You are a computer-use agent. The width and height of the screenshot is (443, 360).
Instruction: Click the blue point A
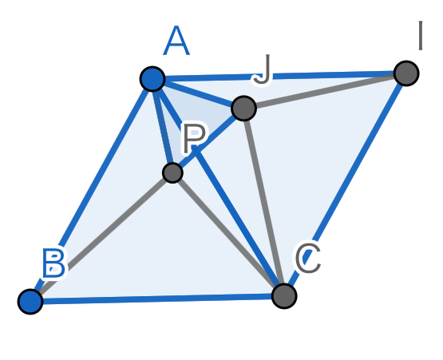(x=152, y=79)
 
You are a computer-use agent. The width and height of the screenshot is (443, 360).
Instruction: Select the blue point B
(x=30, y=301)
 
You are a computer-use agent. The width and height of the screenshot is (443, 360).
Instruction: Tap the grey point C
(x=284, y=296)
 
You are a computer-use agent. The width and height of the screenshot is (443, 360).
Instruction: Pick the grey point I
(x=406, y=73)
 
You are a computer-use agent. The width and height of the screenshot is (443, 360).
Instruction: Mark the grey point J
(x=243, y=109)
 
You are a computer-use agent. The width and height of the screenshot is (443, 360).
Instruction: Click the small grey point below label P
(x=172, y=172)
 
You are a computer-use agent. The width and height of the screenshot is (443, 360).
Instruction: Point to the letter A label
(x=176, y=41)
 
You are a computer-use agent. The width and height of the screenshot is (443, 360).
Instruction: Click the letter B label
(x=54, y=263)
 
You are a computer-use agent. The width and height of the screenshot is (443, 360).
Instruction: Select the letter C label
(x=308, y=258)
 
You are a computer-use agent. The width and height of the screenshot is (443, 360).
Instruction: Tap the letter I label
(x=421, y=36)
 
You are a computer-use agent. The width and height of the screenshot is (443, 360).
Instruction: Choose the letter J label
(x=262, y=69)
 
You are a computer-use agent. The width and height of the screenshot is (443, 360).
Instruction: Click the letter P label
(x=194, y=138)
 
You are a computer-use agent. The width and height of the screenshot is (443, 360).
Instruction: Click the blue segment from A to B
(x=91, y=190)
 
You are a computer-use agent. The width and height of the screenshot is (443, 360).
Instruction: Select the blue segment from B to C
(x=157, y=299)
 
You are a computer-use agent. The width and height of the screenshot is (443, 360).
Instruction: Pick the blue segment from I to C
(x=345, y=184)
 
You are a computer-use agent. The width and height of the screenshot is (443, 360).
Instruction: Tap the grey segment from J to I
(x=325, y=91)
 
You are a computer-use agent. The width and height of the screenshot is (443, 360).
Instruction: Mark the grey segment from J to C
(x=263, y=202)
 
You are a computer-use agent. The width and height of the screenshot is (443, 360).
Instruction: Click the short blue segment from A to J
(x=198, y=93)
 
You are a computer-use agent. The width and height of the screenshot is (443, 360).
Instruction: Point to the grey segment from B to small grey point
(x=101, y=237)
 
